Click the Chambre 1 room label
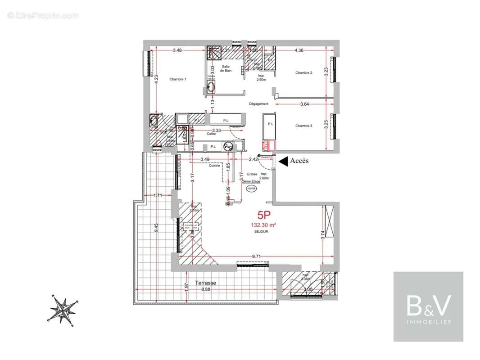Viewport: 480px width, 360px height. (178, 79)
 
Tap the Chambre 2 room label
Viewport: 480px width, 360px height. (304, 72)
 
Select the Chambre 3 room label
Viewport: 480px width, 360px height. (304, 126)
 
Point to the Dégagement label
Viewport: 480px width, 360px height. (258, 104)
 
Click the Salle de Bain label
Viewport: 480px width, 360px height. (225, 68)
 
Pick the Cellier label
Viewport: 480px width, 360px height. (212, 134)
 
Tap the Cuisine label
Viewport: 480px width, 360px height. (214, 166)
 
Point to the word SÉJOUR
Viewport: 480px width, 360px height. (261, 232)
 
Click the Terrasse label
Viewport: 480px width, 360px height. (205, 283)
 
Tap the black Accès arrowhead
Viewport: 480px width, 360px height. (283, 161)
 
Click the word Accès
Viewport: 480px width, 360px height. (299, 161)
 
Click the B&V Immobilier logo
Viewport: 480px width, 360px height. (428, 306)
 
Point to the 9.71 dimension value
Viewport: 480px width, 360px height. (257, 256)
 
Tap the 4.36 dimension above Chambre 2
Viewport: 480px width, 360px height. (299, 50)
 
